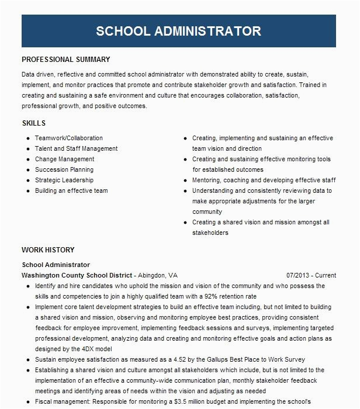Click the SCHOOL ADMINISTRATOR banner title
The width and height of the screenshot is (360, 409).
[179, 31]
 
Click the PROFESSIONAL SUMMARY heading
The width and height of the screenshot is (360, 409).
[65, 60]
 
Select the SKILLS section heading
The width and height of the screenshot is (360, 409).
[33, 123]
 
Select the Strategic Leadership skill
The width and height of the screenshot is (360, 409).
[64, 181]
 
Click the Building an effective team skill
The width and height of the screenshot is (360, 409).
[71, 191]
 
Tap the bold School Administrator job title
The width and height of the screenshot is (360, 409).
[56, 265]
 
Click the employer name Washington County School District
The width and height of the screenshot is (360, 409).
[77, 275]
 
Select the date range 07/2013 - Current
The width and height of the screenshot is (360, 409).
[311, 275]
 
